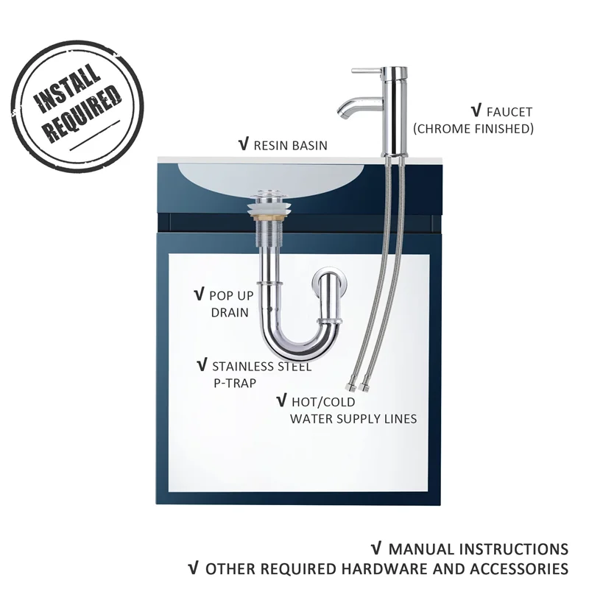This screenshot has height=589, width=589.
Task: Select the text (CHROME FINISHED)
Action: coord(473,129)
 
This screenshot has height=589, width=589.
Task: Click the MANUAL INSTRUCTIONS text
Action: coord(478,549)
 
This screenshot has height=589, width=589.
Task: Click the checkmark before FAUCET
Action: coord(475,112)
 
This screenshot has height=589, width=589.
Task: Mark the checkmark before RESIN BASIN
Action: coord(243,144)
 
